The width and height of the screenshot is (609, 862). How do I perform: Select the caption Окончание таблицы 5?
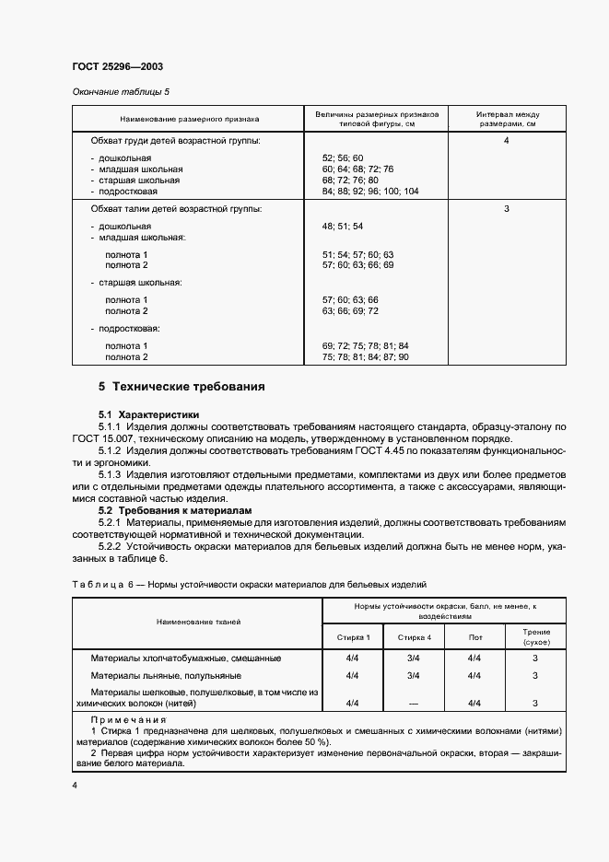(x=121, y=92)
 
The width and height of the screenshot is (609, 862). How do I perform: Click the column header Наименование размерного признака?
(x=189, y=119)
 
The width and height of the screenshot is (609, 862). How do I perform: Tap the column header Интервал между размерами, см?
(x=507, y=119)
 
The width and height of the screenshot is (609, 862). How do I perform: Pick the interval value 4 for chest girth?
(x=507, y=141)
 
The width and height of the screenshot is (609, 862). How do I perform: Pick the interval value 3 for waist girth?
(x=507, y=209)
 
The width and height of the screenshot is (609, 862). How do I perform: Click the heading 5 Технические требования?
(x=182, y=387)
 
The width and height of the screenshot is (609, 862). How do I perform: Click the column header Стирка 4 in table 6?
(x=414, y=637)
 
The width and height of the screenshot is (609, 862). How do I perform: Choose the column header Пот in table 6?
(x=475, y=637)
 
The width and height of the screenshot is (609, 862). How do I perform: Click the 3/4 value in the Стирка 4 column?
(x=414, y=658)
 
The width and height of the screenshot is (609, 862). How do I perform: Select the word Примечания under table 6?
(x=128, y=719)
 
